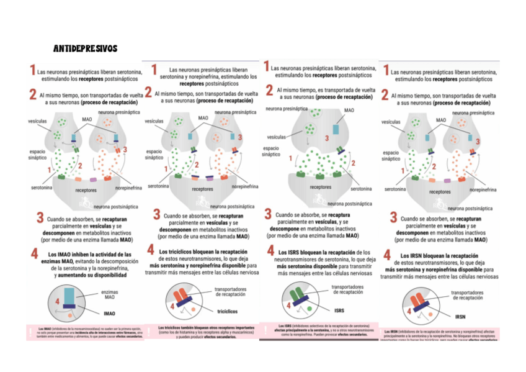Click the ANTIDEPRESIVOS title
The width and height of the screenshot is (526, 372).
[x=85, y=48]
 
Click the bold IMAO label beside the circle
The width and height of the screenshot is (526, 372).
[x=109, y=314]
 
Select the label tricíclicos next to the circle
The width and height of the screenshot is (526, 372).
[x=228, y=311]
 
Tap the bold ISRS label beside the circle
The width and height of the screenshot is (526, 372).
[x=339, y=310]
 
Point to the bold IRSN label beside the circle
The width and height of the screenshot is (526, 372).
[x=460, y=317]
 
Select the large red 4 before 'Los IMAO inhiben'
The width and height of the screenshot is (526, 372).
[x=35, y=255]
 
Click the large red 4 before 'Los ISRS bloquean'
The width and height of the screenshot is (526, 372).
[x=271, y=250]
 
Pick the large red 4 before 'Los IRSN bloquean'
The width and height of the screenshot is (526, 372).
[x=387, y=255]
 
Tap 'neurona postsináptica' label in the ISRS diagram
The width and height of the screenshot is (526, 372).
[x=350, y=203]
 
